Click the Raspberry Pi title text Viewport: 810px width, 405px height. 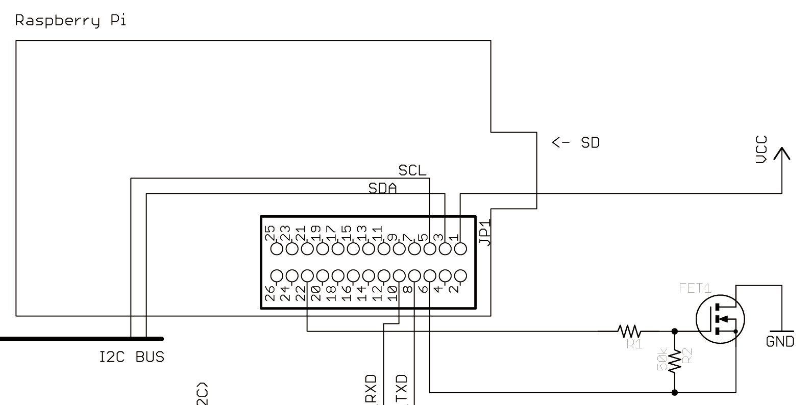pos(70,21)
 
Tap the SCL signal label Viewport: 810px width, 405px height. pos(412,170)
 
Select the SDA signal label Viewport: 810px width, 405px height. pos(382,188)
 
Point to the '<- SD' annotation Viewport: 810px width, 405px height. pos(576,142)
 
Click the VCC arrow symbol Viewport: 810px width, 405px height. pos(781,154)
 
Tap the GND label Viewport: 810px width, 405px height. pos(780,341)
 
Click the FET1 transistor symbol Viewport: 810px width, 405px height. pos(720,320)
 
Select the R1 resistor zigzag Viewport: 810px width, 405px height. pos(628,331)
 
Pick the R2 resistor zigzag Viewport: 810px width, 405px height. pos(675,362)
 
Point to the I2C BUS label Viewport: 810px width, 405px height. pos(132,357)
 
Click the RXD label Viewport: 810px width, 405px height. pos(371,389)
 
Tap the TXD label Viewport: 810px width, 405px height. pos(402,389)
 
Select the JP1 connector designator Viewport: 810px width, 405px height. pos(485,232)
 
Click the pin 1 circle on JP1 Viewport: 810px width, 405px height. pos(460,249)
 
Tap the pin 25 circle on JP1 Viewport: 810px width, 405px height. pos(277,249)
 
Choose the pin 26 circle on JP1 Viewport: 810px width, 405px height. pos(277,276)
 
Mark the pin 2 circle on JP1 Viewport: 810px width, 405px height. pos(460,276)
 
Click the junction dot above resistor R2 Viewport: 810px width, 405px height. pos(675,331)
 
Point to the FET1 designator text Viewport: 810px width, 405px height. pos(695,288)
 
